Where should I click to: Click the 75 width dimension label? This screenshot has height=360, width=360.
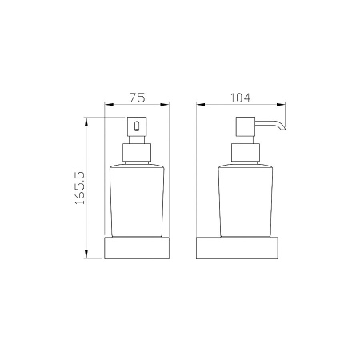pos(138,98)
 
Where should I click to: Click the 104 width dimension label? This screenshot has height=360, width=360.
pos(240,98)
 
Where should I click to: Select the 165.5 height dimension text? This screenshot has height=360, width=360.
pos(80,188)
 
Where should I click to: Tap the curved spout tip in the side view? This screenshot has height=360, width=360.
pos(283,129)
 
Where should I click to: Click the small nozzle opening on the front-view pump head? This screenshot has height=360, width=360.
pos(137,126)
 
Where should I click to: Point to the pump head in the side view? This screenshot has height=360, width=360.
pos(246,126)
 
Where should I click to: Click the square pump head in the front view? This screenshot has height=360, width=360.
pos(137,126)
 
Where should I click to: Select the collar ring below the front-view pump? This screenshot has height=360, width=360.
pos(137,153)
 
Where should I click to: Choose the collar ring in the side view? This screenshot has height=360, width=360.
pos(246,153)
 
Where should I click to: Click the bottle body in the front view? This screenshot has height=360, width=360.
pos(137,201)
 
